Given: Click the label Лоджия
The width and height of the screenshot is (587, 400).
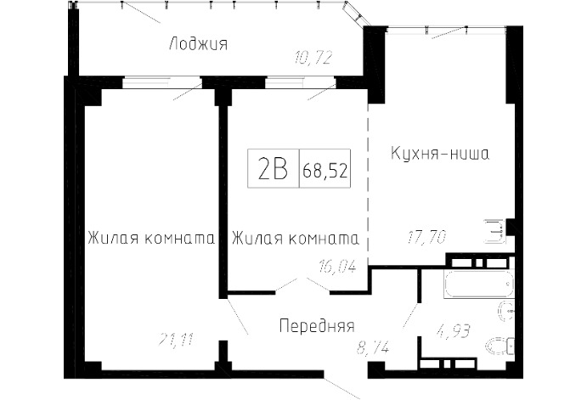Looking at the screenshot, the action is point(199,44).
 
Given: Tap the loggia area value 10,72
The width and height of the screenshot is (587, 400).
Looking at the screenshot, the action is point(313,58).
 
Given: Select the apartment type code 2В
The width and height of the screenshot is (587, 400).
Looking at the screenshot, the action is point(273,168).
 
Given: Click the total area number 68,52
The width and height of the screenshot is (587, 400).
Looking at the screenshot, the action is point(325,171).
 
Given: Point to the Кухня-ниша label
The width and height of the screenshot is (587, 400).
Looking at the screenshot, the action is point(440,154).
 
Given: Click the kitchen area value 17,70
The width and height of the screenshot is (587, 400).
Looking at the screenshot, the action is point(426,237).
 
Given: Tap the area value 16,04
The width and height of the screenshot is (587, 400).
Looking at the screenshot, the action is point(337,267).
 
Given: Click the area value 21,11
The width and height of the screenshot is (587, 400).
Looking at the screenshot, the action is point(176,339).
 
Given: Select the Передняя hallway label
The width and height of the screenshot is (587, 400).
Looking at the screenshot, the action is point(317,325).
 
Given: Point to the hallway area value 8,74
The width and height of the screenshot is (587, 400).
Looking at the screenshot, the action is point(373,348).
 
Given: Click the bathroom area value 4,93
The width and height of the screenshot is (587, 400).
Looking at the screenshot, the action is point(453,331).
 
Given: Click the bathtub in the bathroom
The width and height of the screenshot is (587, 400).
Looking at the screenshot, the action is point(479,284).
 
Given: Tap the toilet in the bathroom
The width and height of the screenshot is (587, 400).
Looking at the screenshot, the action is point(501,346).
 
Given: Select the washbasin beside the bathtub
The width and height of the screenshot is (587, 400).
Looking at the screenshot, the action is point(507,312).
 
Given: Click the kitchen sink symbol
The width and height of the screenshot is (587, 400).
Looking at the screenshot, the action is point(495,231).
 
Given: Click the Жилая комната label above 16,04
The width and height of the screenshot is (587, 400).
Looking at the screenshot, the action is point(296,238).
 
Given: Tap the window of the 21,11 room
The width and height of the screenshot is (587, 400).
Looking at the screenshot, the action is point(161,82).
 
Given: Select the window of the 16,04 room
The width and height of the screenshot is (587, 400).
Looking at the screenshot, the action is point(300,82).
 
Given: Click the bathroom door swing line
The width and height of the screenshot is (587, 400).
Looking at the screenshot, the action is point(410,316).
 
